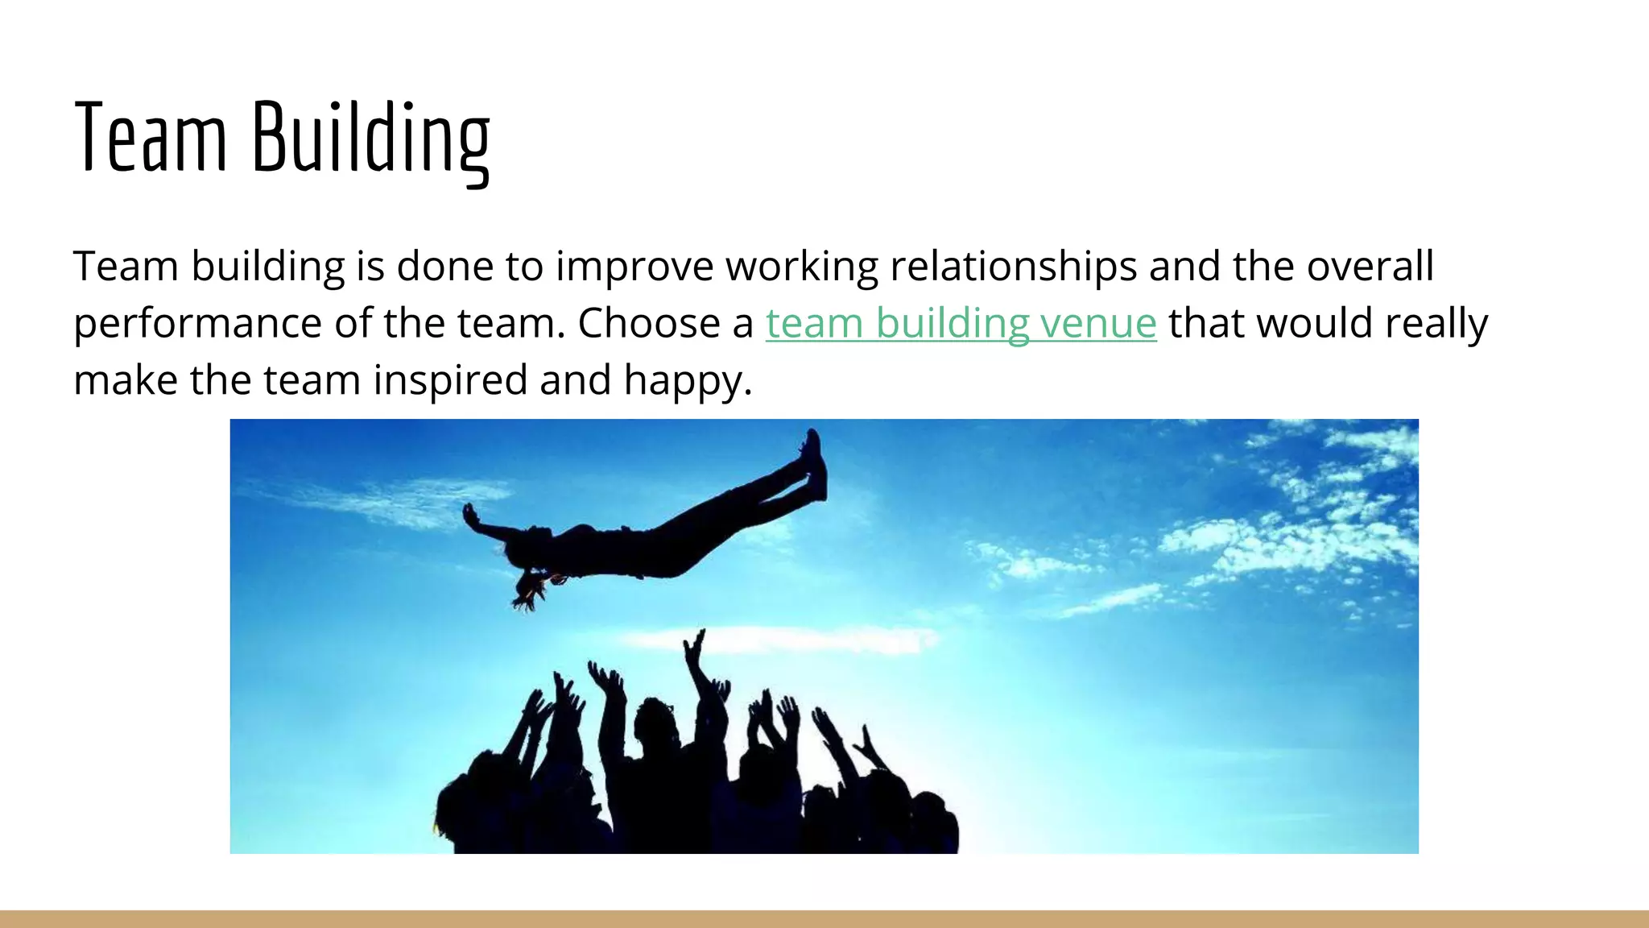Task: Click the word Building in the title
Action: point(371,139)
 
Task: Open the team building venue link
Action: point(961,324)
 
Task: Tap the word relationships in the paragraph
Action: point(1013,267)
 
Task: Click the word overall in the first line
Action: point(1370,267)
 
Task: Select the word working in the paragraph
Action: point(802,267)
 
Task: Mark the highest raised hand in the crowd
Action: point(694,644)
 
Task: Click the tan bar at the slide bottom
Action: point(824,919)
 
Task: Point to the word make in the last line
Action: point(125,380)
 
